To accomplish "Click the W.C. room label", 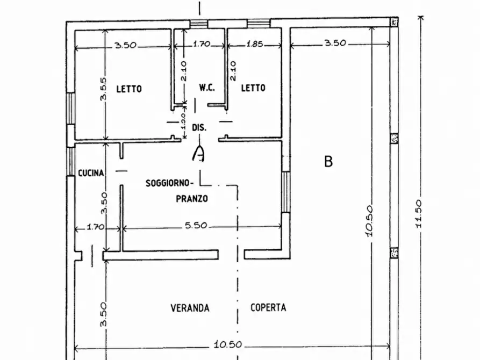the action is (x=207, y=88).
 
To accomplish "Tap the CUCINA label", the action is (x=91, y=173).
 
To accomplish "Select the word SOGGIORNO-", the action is (x=170, y=183).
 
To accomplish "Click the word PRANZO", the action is (x=192, y=199).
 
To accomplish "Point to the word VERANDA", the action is (x=190, y=308).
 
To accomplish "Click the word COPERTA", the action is (x=268, y=307).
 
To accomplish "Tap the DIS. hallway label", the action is (x=199, y=127).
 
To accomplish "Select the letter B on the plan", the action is (x=328, y=161).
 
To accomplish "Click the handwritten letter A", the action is (x=198, y=153).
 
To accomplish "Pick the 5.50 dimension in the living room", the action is (x=196, y=225).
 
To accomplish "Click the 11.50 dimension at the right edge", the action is (x=419, y=214).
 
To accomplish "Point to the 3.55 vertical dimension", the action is (x=103, y=89).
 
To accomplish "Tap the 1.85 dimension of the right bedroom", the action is (x=255, y=44).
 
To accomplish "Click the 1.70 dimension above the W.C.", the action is (x=202, y=44).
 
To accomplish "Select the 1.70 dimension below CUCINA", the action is (x=96, y=227).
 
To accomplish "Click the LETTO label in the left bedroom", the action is (x=129, y=89).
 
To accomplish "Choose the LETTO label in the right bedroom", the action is (x=253, y=88).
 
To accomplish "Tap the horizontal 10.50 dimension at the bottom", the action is (x=228, y=344).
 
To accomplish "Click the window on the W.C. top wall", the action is (x=198, y=24).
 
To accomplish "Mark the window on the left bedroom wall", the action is (x=71, y=109).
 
